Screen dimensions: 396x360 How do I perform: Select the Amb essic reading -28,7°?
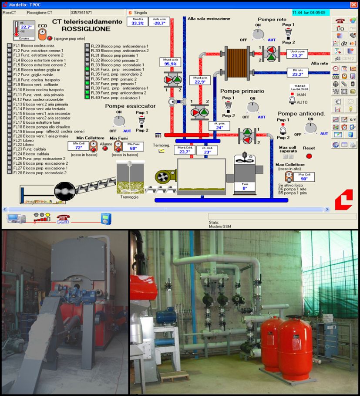click(x=158, y=23)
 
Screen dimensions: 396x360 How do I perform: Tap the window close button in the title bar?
click(x=354, y=5)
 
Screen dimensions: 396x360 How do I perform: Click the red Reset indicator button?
click(x=309, y=156)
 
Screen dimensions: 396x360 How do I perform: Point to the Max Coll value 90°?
click(x=304, y=178)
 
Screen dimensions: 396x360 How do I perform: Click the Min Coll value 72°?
click(x=78, y=148)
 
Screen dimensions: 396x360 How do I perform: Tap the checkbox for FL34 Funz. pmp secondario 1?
click(x=87, y=69)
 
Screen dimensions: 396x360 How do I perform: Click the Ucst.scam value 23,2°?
click(x=297, y=55)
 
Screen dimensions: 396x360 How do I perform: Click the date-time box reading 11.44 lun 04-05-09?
click(x=309, y=13)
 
